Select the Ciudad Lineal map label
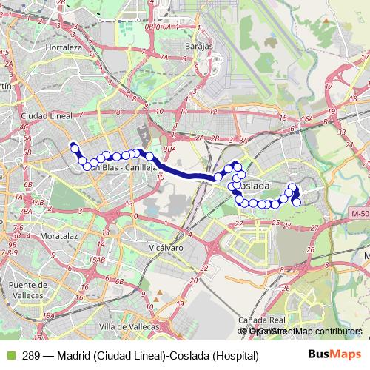(x=47, y=116)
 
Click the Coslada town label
(x=255, y=185)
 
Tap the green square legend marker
(x=9, y=356)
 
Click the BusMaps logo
(x=334, y=355)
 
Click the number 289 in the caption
(x=31, y=356)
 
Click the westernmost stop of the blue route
(x=73, y=146)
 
